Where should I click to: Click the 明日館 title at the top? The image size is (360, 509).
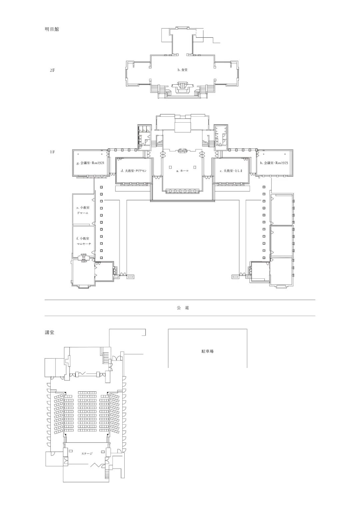[x=52, y=29]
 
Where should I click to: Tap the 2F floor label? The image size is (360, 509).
[x=52, y=70]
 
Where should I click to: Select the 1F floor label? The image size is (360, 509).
[x=52, y=152]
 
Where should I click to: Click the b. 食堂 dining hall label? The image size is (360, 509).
[x=182, y=70]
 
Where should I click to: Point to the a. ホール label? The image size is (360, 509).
[x=182, y=170]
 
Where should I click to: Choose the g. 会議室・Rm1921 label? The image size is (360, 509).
[x=90, y=163]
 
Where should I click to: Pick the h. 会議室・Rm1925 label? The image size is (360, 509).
[x=274, y=163]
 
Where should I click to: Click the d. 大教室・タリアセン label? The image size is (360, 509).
[x=133, y=171]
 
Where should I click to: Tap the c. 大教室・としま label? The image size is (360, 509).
[x=231, y=171]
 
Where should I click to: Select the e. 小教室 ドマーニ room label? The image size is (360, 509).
[x=83, y=210]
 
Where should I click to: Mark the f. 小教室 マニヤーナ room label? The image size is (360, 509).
[x=83, y=241]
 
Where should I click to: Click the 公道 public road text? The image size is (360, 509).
[x=183, y=308]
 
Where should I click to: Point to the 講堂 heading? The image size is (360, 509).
[x=50, y=333]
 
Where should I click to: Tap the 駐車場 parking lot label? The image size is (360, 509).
[x=207, y=351]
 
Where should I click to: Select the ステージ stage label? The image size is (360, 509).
[x=87, y=453]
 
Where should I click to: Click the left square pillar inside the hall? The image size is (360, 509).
[x=170, y=167]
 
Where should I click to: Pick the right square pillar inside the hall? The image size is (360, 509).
[x=195, y=167]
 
